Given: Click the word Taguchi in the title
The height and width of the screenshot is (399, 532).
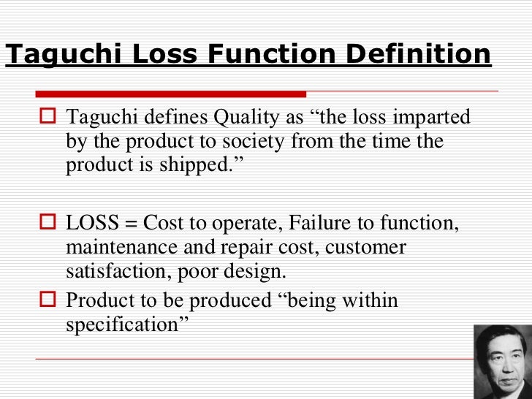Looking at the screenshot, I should (x=56, y=54).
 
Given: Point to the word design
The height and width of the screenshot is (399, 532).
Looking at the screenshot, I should (x=258, y=273).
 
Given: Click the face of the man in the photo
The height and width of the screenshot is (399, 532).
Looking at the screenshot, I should (x=503, y=359).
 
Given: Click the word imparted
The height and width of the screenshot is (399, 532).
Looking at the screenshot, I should (x=429, y=118).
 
